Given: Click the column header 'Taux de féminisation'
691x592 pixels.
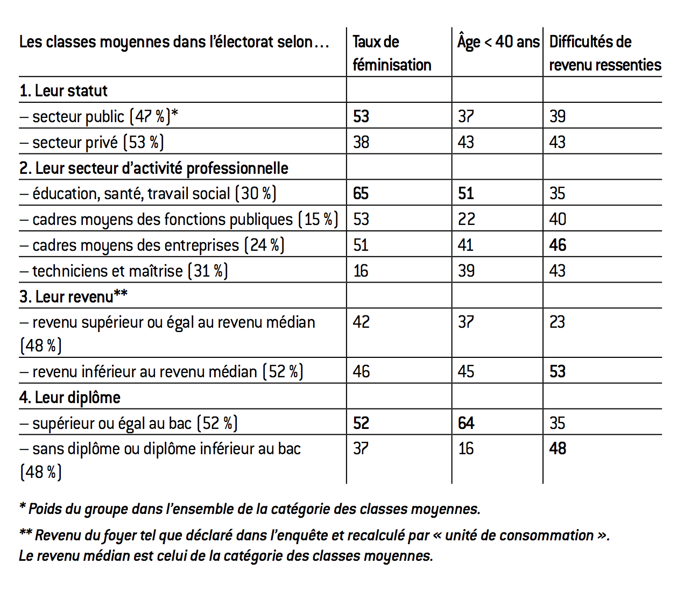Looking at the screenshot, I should coord(391,53).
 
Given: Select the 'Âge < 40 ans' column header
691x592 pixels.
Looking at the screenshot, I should coord(498,42).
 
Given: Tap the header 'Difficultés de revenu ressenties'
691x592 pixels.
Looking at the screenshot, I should coord(604,53).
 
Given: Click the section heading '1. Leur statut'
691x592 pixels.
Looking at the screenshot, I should coord(64,90).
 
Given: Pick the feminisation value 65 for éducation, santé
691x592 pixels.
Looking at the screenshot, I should coord(361,193).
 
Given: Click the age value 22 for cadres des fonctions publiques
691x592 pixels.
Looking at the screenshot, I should coord(466,219).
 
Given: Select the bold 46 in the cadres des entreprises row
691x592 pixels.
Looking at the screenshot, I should coord(558,245).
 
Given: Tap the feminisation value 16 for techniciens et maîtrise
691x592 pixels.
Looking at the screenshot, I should coord(361,271).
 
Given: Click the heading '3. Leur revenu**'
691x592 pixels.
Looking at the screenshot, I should coord(73,296).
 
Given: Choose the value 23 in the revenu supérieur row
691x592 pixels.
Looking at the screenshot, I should coord(557,322).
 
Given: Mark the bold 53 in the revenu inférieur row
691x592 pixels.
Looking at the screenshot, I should coord(558,371).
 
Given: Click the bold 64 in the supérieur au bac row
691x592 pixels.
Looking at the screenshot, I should coord(466,423).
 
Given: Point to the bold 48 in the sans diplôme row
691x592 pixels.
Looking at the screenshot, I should coord(558,448).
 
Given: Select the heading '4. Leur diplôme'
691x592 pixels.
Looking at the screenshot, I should coord(70,397).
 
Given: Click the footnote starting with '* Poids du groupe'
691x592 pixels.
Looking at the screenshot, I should coord(250,509).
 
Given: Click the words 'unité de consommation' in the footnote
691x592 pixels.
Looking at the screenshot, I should coord(519,535).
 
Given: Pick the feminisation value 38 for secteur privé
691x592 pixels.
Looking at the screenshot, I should coord(361,142).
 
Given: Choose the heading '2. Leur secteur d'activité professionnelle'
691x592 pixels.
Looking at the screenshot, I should coord(154,168).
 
